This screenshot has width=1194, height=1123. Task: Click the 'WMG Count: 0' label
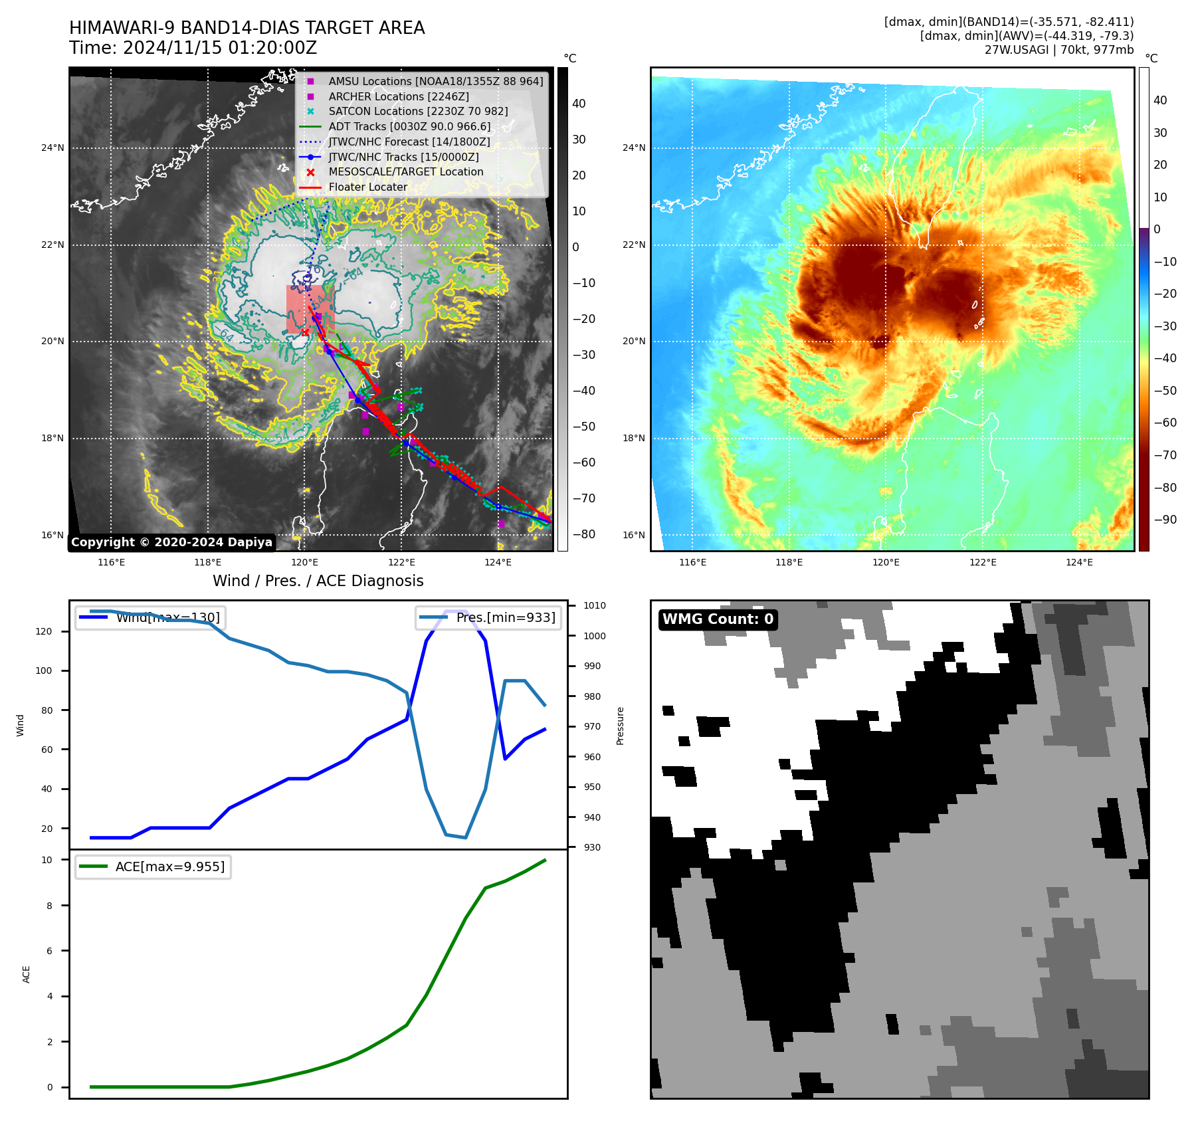pyautogui.click(x=718, y=619)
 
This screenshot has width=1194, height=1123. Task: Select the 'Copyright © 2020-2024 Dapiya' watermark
pyautogui.click(x=171, y=542)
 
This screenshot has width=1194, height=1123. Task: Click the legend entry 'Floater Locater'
pyautogui.click(x=367, y=187)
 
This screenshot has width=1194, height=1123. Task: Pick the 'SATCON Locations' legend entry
pyautogui.click(x=418, y=112)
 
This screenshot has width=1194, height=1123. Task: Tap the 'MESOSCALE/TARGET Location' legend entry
pyautogui.click(x=405, y=172)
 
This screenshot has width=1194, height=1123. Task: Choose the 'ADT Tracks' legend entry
pyautogui.click(x=409, y=127)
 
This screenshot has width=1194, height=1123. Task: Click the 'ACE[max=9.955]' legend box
pyautogui.click(x=153, y=867)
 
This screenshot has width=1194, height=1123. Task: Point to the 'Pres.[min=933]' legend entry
pyautogui.click(x=488, y=617)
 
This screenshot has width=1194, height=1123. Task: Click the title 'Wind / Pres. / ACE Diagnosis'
pyautogui.click(x=318, y=581)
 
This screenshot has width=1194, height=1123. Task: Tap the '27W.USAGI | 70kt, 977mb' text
pyautogui.click(x=1058, y=50)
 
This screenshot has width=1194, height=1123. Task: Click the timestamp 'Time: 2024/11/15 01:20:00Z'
pyautogui.click(x=193, y=49)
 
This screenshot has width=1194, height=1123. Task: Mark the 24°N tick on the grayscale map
pyautogui.click(x=52, y=148)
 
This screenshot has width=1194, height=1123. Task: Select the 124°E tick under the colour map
pyautogui.click(x=1079, y=562)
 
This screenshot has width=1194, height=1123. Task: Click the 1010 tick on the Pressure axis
pyautogui.click(x=595, y=605)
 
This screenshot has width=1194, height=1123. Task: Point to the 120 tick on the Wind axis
pyautogui.click(x=44, y=631)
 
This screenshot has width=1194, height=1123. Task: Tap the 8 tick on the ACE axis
pyautogui.click(x=50, y=906)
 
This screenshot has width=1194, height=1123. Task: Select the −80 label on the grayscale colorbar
pyautogui.click(x=584, y=534)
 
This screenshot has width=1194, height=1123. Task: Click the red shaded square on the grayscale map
pyautogui.click(x=310, y=309)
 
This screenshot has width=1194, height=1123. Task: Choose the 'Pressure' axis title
pyautogui.click(x=620, y=726)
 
